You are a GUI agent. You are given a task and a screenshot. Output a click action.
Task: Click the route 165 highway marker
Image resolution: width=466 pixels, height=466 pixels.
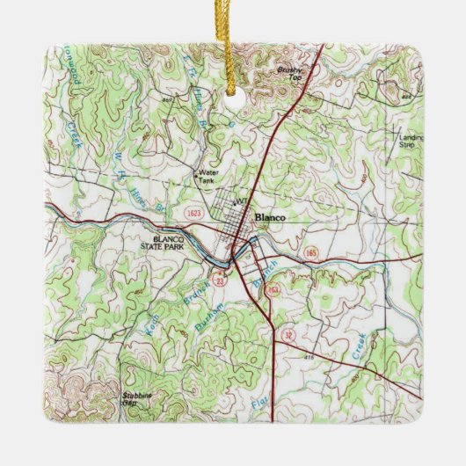pos(309,251)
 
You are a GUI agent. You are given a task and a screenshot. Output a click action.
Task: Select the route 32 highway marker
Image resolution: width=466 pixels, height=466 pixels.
pos(289,335)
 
